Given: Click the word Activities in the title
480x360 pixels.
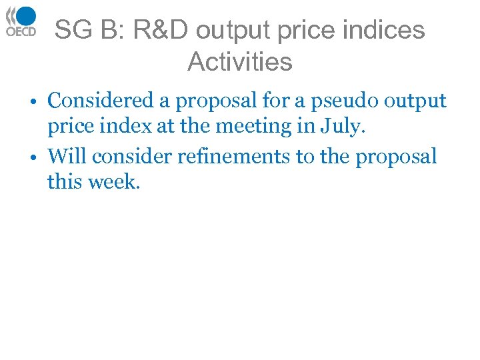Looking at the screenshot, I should click(x=240, y=62).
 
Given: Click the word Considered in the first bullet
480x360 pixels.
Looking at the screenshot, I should click(x=101, y=101).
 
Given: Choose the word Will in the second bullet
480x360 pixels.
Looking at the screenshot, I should click(x=67, y=157).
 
